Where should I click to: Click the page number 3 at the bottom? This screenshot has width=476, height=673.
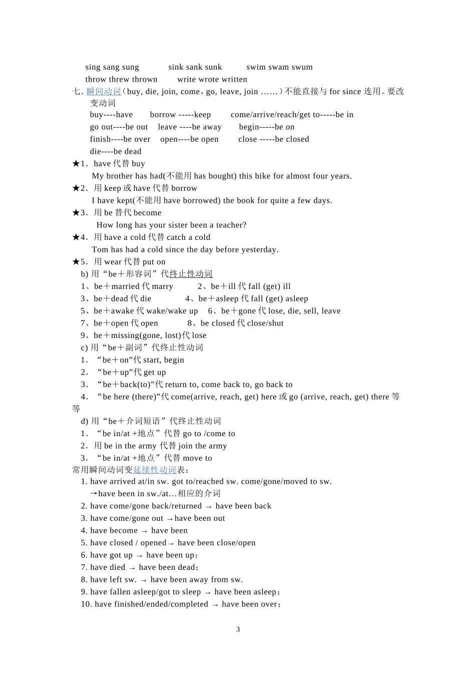click(238, 629)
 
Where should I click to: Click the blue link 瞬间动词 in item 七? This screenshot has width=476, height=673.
click(104, 91)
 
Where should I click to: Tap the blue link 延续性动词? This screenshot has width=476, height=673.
click(155, 470)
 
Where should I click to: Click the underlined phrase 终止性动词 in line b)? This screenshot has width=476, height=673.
click(191, 274)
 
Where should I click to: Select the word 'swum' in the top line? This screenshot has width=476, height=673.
click(302, 67)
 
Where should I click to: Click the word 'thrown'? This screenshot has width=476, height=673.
click(145, 79)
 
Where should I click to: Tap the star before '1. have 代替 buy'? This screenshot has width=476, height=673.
click(76, 163)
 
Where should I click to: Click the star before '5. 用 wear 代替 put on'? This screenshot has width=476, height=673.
click(76, 261)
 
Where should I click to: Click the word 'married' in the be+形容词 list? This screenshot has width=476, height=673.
click(125, 286)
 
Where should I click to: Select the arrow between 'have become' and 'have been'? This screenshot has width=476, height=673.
click(144, 531)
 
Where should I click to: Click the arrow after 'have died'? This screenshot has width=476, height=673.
click(132, 568)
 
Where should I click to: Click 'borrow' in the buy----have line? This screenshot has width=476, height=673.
click(163, 115)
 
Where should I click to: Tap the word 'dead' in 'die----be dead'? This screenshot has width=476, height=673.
click(133, 151)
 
